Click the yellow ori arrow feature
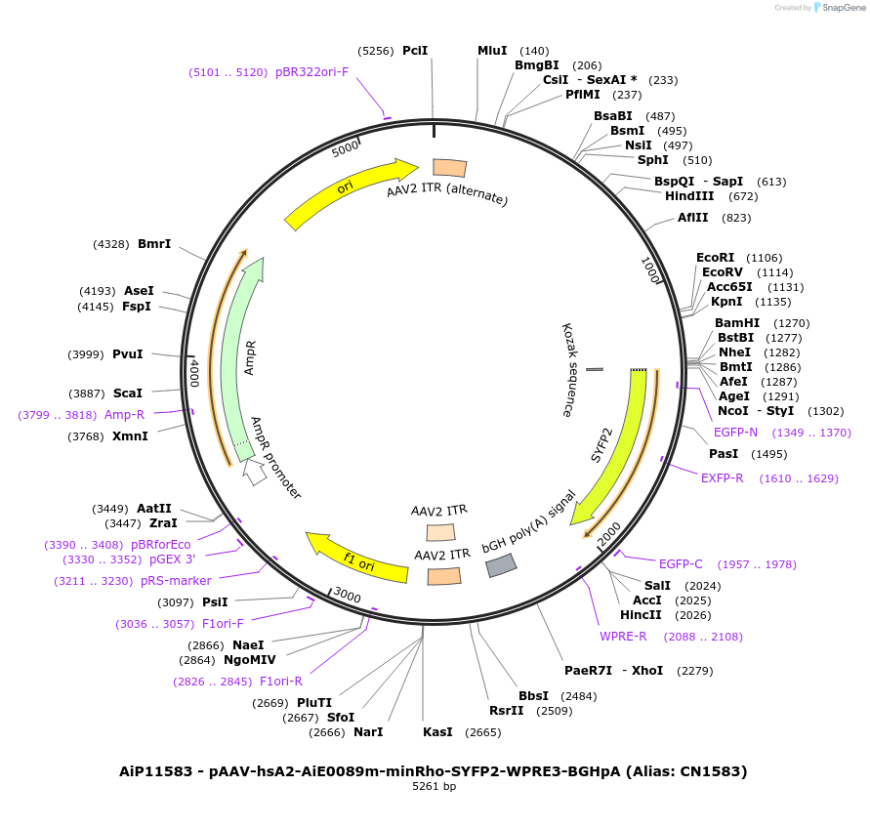tap(347, 190)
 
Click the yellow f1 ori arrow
tap(356, 558)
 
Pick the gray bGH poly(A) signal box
tap(501, 564)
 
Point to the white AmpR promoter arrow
tap(254, 473)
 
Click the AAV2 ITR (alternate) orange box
tap(449, 168)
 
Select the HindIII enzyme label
tap(689, 196)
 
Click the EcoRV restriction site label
tap(723, 272)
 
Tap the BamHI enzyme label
tap(736, 323)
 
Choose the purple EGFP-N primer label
tap(735, 433)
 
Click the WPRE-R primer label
tap(623, 637)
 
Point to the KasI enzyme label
tap(438, 732)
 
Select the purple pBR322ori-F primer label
tap(311, 72)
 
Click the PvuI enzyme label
tap(127, 354)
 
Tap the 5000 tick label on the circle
tap(346, 148)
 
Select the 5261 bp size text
tap(434, 787)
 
